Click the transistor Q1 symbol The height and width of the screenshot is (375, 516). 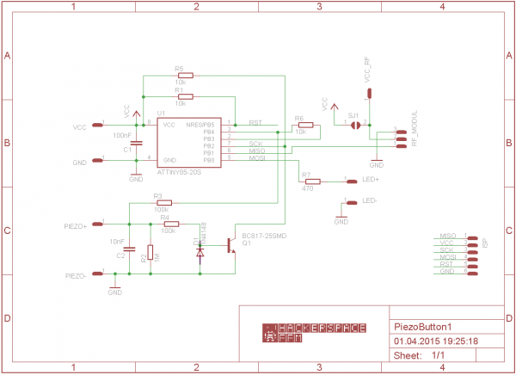230,245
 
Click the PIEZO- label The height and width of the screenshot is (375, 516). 76,275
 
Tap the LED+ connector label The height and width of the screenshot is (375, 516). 372,181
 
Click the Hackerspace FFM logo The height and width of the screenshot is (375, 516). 314,333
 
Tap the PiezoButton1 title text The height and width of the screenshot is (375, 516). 422,327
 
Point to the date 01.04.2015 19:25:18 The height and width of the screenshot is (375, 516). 435,341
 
